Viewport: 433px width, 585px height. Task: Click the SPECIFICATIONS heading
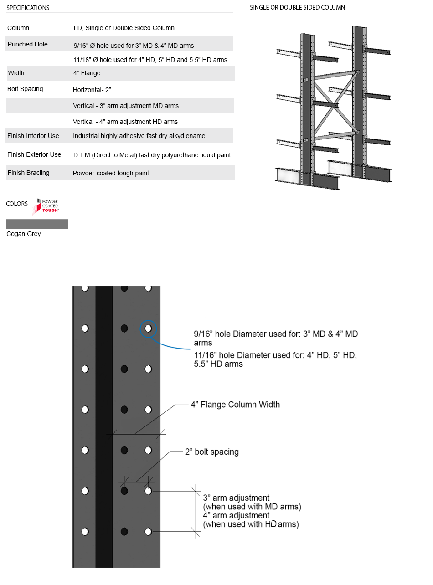[x=28, y=8]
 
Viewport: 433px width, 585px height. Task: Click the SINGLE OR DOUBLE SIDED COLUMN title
[x=297, y=7]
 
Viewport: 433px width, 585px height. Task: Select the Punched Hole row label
[x=27, y=44]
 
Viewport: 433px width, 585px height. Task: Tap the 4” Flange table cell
[x=87, y=73]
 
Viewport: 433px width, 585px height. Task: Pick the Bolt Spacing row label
[x=25, y=89]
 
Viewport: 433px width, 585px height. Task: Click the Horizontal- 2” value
[x=92, y=90]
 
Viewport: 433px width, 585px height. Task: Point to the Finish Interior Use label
[x=33, y=136]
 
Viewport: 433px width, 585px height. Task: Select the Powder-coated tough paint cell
[x=111, y=173]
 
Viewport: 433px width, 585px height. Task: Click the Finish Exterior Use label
[x=34, y=154]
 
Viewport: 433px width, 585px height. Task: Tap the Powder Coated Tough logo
[x=47, y=206]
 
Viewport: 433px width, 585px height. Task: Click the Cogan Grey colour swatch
[x=37, y=224]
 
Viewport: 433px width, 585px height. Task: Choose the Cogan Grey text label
[x=24, y=234]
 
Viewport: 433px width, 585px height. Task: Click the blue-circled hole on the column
[x=148, y=328]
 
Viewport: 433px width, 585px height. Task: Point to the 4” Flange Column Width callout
[x=235, y=405]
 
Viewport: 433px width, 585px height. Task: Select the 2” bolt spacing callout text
[x=211, y=452]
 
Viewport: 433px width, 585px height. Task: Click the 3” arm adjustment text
[x=236, y=498]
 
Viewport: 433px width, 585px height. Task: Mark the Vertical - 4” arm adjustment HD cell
[x=125, y=122]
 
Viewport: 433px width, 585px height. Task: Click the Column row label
[x=18, y=28]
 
